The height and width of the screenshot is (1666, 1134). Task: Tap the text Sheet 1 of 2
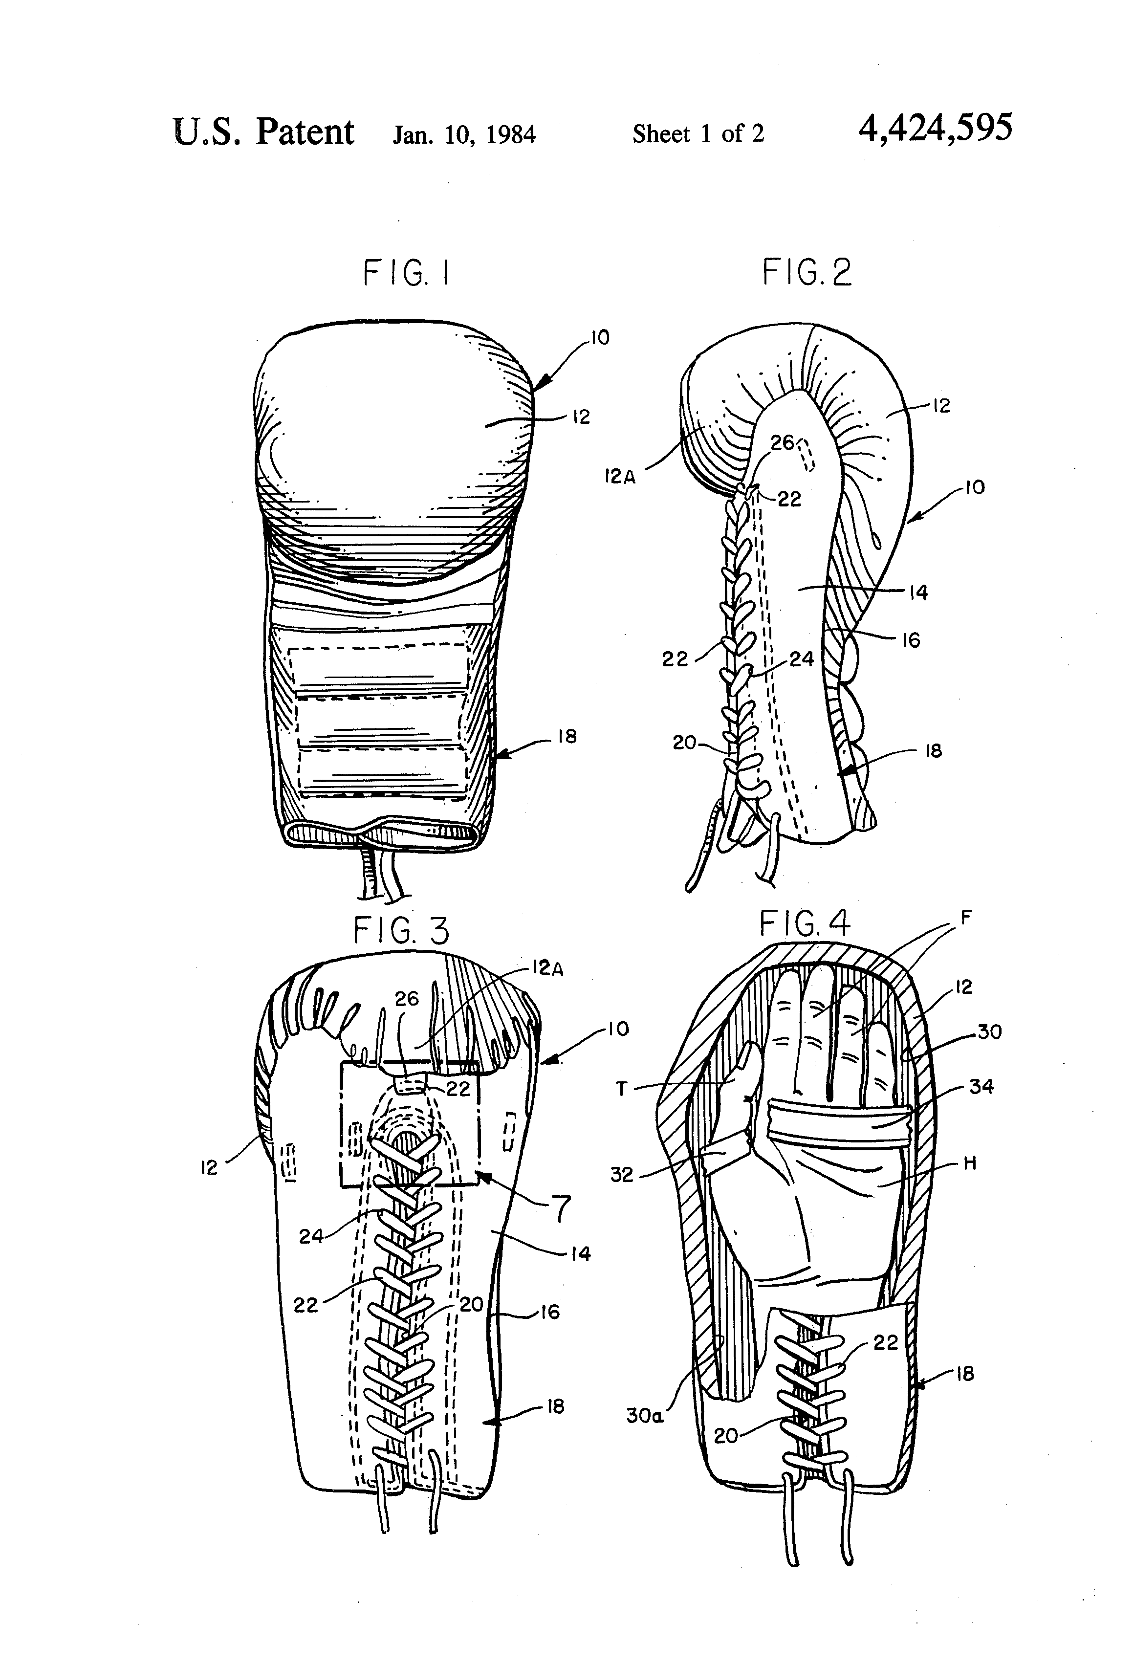(698, 133)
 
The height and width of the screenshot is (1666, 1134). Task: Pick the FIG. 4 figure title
(804, 923)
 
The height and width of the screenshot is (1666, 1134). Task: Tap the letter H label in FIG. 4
(969, 1163)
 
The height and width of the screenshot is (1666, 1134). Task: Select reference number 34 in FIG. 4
(981, 1087)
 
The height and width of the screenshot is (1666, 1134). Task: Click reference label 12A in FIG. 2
(619, 477)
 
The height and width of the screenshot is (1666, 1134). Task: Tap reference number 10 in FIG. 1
(599, 338)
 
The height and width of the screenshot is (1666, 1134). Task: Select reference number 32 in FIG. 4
(621, 1174)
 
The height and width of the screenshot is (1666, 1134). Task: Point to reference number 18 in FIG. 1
(567, 737)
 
